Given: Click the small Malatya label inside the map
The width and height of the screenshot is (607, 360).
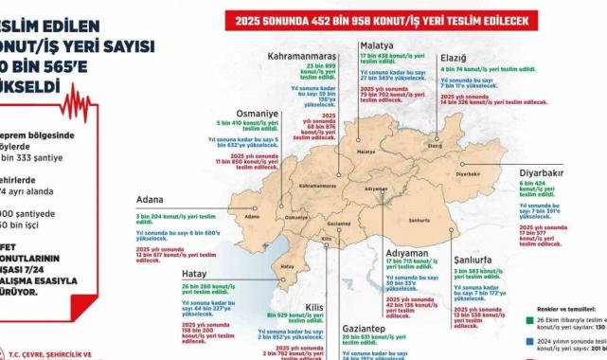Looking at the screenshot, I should pos(366,152).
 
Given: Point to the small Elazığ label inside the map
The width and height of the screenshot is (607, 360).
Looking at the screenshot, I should pos(435,148).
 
